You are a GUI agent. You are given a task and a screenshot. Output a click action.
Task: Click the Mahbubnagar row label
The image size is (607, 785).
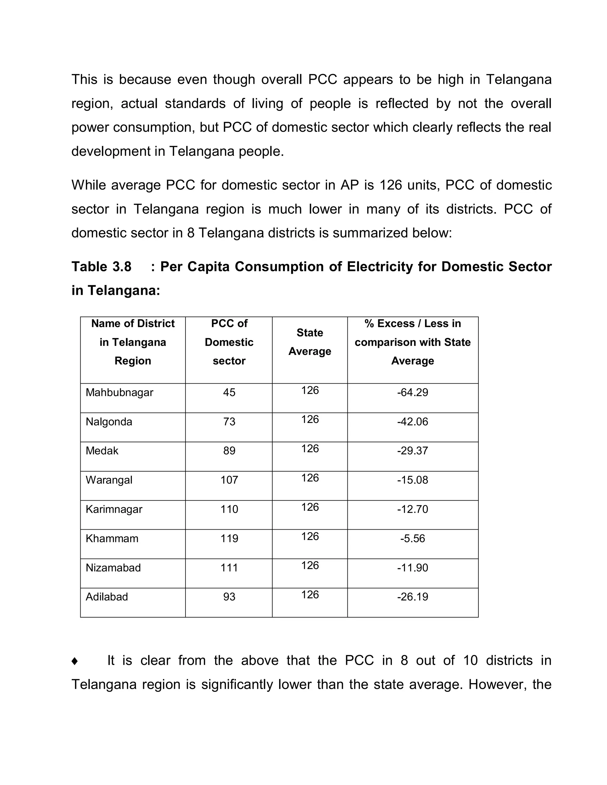pyautogui.click(x=119, y=392)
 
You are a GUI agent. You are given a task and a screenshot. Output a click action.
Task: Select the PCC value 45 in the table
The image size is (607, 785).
pyautogui.click(x=229, y=392)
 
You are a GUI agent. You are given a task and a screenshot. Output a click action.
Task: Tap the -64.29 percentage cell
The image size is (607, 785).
pyautogui.click(x=413, y=392)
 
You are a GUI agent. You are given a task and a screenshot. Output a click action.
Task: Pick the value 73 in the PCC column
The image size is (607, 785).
pyautogui.click(x=229, y=421)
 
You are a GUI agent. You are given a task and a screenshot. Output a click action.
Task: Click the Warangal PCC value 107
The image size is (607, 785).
pyautogui.click(x=229, y=480)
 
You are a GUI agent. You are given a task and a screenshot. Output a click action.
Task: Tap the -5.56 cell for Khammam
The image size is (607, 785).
pyautogui.click(x=413, y=539)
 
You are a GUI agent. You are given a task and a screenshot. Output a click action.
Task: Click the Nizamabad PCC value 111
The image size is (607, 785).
pyautogui.click(x=229, y=568)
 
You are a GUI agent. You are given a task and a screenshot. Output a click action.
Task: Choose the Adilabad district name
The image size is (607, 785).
pyautogui.click(x=107, y=597)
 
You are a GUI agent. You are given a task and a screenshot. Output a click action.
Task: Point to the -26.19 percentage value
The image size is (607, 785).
pyautogui.click(x=413, y=597)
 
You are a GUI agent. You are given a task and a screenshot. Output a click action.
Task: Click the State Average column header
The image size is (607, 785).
pyautogui.click(x=310, y=342)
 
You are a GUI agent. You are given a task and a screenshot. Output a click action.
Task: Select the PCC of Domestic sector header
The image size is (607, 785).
pyautogui.click(x=229, y=342)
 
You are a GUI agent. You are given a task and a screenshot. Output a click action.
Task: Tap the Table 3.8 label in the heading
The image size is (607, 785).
pyautogui.click(x=101, y=267)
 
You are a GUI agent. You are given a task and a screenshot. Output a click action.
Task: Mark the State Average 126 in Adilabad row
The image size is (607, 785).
pyautogui.click(x=310, y=595)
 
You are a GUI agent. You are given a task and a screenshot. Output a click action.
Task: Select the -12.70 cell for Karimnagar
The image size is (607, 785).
pyautogui.click(x=413, y=509)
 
